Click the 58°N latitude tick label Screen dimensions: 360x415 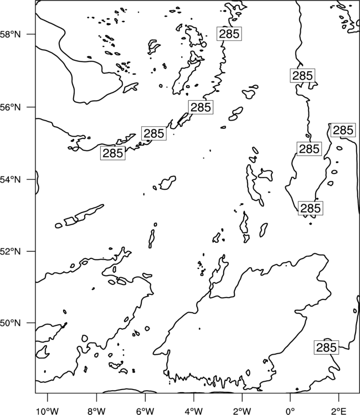coord(10,34)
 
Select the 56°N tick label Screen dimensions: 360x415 coord(10,107)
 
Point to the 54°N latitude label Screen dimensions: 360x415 coord(10,179)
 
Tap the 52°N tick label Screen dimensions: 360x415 coord(10,251)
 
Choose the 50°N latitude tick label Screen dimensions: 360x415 coord(10,323)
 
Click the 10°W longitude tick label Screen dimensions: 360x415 coord(48,411)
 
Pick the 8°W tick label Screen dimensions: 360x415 coord(96,411)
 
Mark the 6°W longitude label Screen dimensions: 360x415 coord(145,411)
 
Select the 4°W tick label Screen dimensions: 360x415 coord(194,411)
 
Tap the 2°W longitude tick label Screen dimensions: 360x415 coord(242,411)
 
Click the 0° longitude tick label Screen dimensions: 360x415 coord(290,411)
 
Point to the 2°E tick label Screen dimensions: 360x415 coord(338,411)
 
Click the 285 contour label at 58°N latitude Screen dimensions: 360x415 coord(229,34)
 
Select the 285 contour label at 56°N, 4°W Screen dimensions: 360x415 coord(200,107)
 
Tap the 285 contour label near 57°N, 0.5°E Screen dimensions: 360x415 coord(302,76)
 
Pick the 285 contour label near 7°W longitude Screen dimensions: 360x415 coord(112,153)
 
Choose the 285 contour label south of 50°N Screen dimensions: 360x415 coord(326,347)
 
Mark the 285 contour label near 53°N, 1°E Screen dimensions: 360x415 coord(311,208)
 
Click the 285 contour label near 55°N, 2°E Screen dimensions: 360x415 coord(343,130)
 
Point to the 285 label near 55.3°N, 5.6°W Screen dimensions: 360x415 coord(153,133)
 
